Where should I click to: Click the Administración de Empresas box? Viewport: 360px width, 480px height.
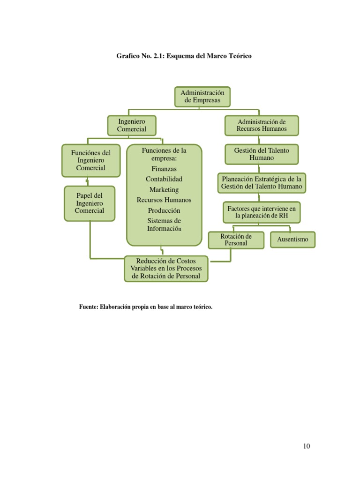202,97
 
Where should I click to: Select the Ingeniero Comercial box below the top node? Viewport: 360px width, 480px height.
132,126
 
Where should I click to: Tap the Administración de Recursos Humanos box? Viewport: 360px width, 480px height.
262,125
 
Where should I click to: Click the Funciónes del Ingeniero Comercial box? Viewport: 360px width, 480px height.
91,160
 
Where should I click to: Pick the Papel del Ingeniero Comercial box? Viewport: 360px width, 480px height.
90,203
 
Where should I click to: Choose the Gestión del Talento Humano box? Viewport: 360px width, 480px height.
262,154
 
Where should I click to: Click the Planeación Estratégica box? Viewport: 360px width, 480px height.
262,182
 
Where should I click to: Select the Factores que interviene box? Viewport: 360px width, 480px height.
262,212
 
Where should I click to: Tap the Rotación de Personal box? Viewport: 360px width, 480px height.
236,240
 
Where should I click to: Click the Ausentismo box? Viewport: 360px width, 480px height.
292,240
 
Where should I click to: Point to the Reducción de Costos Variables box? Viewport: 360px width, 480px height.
166,269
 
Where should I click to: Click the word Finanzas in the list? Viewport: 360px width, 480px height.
164,168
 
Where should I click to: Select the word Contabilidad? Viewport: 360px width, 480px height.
164,179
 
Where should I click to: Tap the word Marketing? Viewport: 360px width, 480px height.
164,190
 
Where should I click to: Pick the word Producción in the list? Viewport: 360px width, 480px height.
164,210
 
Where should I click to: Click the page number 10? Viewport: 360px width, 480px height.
306,446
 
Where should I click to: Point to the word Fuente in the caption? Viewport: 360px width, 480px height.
88,307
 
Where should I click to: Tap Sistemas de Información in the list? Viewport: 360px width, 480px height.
164,225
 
